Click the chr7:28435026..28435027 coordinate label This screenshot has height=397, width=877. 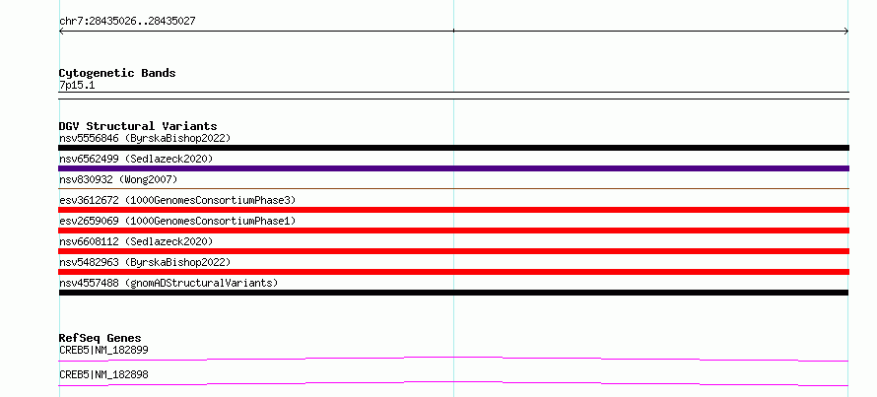click(x=127, y=22)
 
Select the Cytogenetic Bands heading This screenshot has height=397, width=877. click(x=117, y=73)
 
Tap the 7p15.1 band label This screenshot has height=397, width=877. click(x=77, y=86)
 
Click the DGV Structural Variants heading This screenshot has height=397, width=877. click(x=138, y=126)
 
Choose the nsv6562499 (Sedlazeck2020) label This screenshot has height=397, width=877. click(x=136, y=159)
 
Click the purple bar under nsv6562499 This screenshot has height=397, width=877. click(x=453, y=168)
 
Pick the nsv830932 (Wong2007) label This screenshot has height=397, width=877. click(x=118, y=179)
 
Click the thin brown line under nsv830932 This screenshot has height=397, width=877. click(x=453, y=189)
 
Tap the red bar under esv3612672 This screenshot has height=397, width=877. click(x=453, y=210)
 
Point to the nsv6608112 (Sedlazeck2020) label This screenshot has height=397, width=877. click(x=136, y=241)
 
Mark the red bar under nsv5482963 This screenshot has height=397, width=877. click(x=453, y=272)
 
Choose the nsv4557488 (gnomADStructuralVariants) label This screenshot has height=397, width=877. click(x=169, y=283)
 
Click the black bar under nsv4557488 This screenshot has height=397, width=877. click(x=453, y=293)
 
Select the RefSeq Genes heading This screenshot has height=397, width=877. click(x=101, y=338)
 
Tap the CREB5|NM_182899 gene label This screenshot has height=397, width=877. click(x=103, y=351)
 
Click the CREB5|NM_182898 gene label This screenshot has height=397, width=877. click(x=103, y=375)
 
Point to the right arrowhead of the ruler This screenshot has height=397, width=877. click(x=846, y=32)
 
